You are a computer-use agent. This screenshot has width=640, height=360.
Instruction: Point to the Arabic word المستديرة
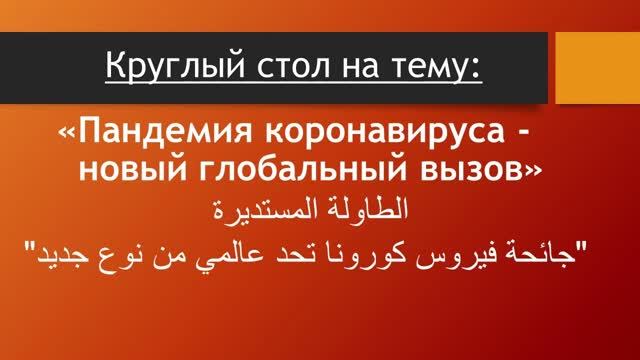coord(267,211)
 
